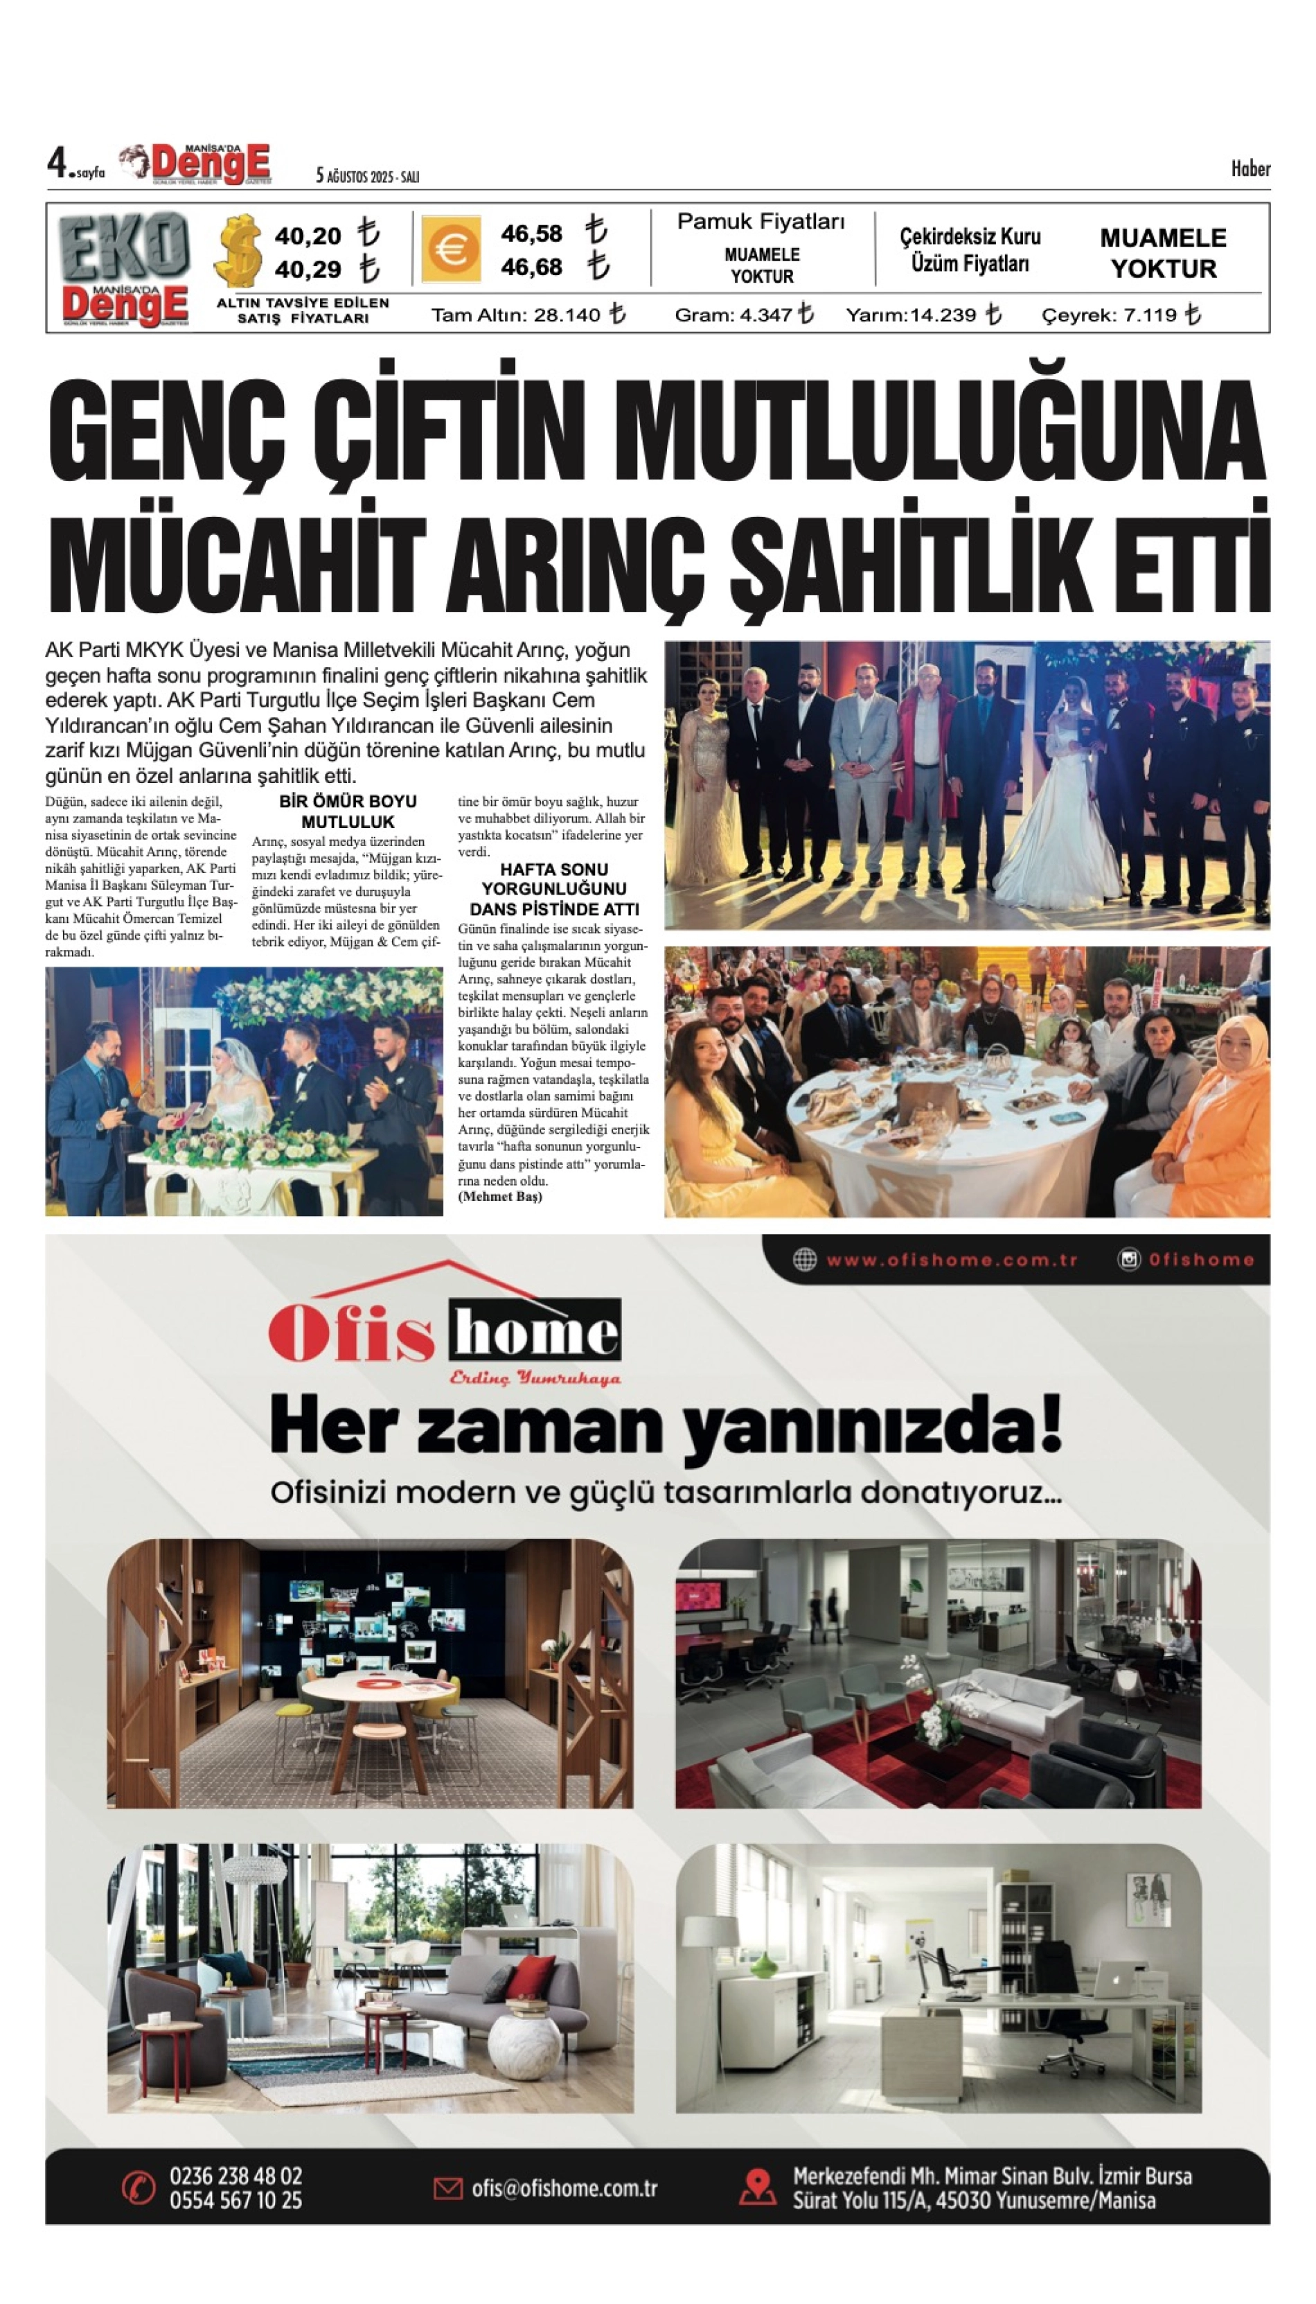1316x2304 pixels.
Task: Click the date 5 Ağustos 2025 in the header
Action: coord(367,176)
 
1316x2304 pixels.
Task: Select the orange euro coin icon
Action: coord(451,249)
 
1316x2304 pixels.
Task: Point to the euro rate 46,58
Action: coord(531,234)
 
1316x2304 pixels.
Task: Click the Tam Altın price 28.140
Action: coord(568,315)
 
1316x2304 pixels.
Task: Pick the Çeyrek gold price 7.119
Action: coord(1150,315)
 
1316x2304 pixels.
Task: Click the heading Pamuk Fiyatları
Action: coord(761,222)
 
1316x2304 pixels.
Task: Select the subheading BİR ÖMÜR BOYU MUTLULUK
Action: coord(348,811)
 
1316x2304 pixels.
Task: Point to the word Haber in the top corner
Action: coord(1250,169)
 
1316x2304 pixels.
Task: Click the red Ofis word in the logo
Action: coord(352,1334)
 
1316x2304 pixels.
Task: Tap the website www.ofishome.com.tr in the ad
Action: coord(952,1260)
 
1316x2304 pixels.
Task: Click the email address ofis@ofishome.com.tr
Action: coord(564,2189)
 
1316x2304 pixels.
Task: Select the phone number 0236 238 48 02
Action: coord(236,2176)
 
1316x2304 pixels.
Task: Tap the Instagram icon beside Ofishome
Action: coord(1129,1260)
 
